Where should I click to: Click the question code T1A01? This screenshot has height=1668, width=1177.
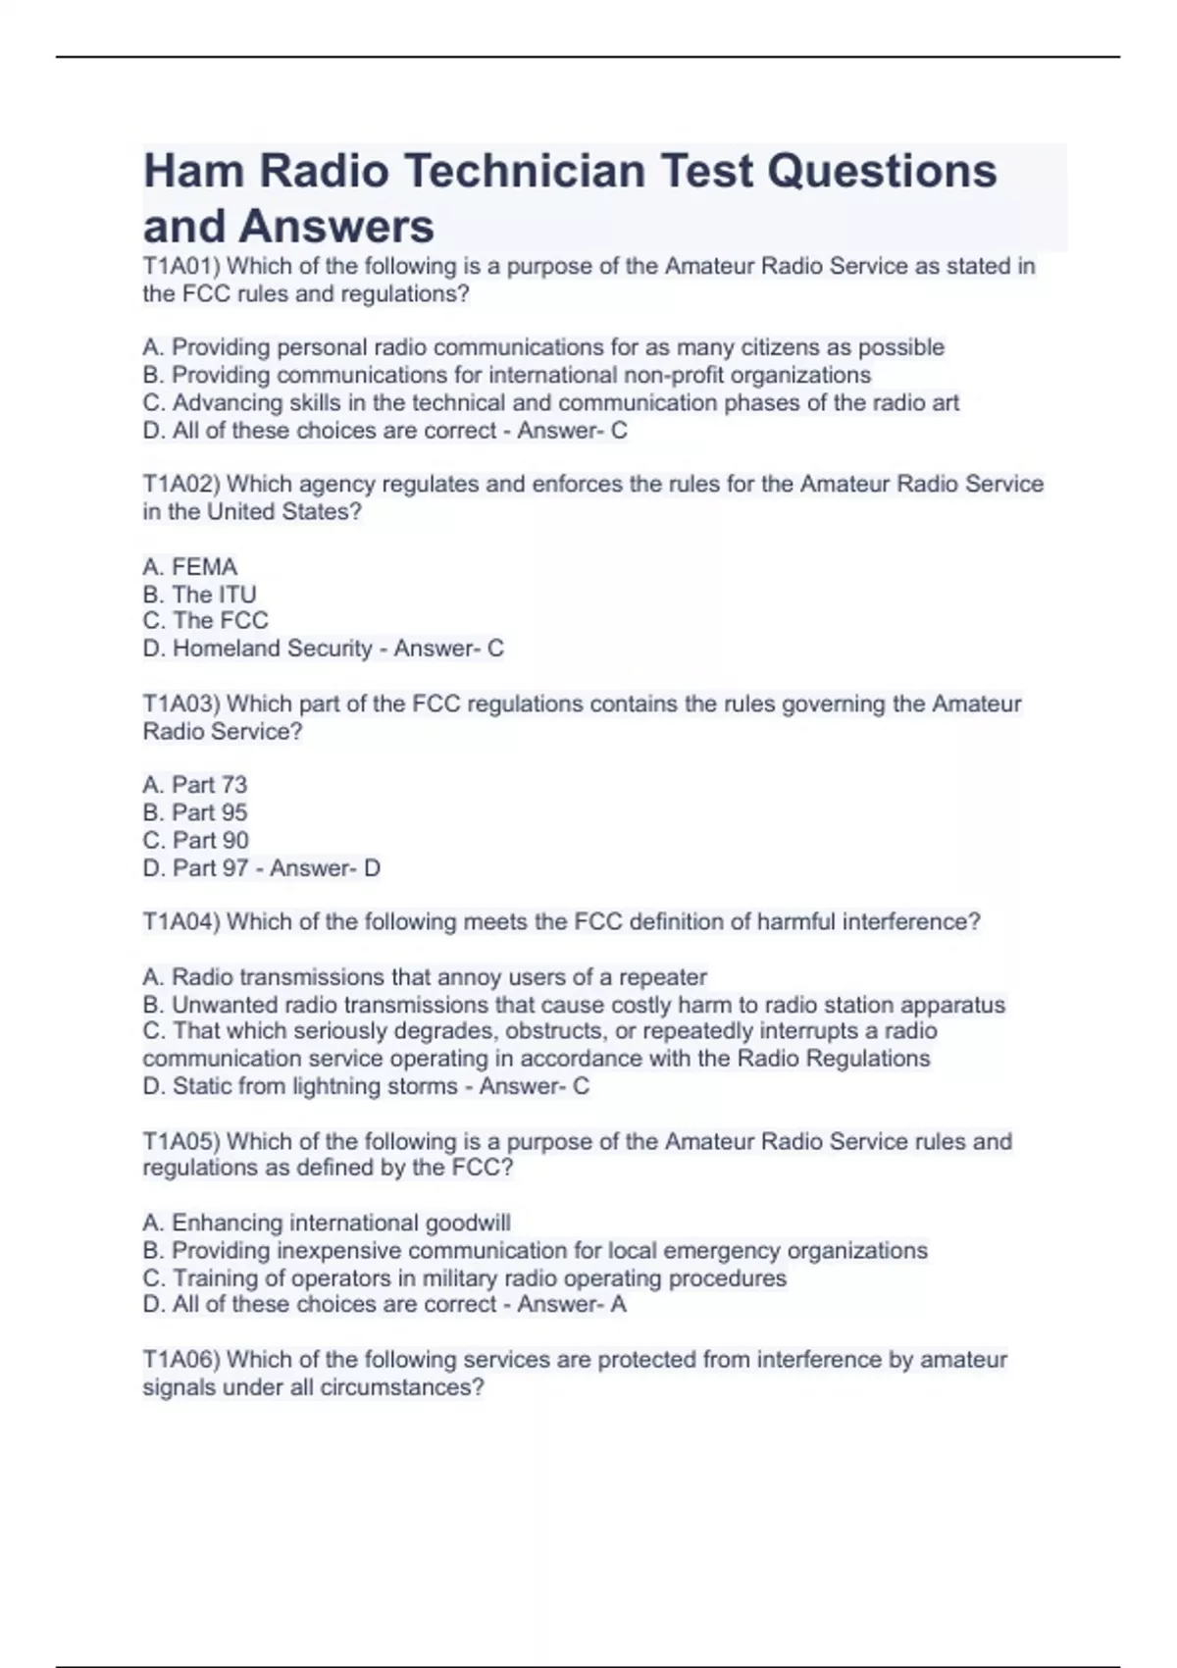tap(180, 266)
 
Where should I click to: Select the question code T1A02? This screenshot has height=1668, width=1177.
tap(180, 484)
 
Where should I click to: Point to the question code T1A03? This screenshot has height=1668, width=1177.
tap(180, 704)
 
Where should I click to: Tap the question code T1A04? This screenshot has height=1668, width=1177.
tap(180, 921)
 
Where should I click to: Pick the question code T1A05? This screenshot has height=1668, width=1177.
tap(180, 1141)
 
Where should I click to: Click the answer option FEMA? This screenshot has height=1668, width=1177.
tap(204, 567)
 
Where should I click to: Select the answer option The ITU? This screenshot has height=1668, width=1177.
tap(214, 595)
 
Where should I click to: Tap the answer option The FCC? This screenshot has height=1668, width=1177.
tap(220, 620)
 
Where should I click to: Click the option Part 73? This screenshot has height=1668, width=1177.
tap(209, 785)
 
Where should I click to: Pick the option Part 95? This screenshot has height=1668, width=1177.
tap(209, 812)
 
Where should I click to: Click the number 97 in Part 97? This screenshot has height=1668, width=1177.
tap(235, 867)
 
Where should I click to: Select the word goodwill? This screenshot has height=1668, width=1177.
tap(468, 1223)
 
